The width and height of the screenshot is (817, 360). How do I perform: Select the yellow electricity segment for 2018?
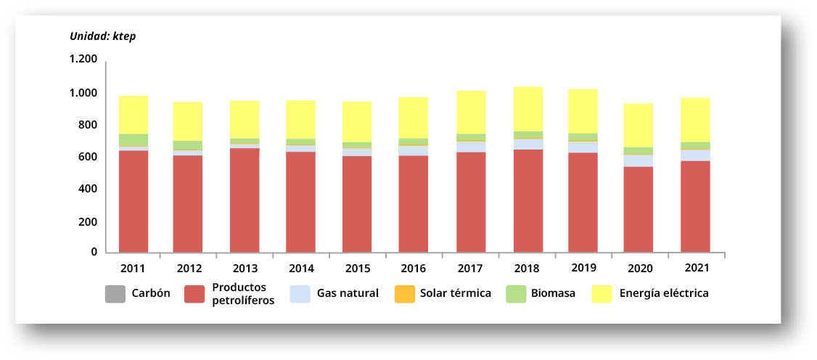[x=528, y=109]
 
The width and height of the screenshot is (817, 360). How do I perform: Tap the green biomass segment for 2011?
[x=134, y=140]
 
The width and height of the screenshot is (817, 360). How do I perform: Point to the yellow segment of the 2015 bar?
[x=357, y=122]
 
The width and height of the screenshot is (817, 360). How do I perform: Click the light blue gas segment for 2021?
[x=695, y=155]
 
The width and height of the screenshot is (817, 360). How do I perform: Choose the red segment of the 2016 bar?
[x=413, y=203]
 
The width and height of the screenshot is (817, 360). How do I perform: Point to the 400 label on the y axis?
[x=89, y=189]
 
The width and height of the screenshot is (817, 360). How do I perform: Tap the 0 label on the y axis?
[x=94, y=252]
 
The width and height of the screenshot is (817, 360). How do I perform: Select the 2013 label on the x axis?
[x=245, y=268]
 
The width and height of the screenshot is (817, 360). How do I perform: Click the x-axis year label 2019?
[x=583, y=267]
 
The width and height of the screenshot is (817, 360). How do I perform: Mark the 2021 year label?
[x=695, y=268]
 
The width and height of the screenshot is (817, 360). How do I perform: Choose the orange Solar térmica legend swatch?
[x=404, y=294]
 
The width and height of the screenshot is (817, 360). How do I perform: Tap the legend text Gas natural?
[x=348, y=294]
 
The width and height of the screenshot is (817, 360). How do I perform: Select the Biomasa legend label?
[x=553, y=294]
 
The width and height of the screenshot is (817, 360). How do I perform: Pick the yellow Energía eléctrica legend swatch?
[x=602, y=294]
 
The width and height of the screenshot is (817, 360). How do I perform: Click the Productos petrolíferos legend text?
[x=243, y=294]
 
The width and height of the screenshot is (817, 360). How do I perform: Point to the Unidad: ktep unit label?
[x=102, y=36]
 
